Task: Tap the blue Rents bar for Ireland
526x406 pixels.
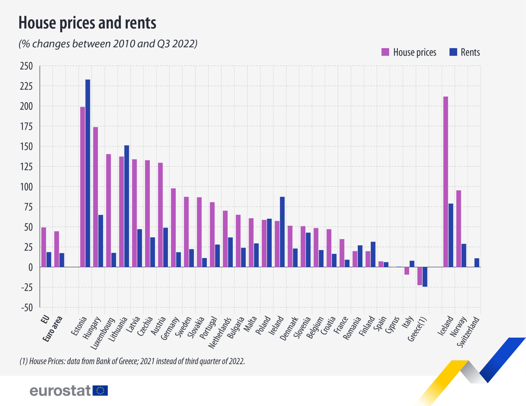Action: tap(282, 232)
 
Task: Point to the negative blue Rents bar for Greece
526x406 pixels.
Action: tap(425, 277)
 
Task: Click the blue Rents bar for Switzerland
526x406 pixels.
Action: tap(477, 263)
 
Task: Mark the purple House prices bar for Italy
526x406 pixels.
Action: tap(407, 271)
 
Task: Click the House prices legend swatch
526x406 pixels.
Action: tap(385, 52)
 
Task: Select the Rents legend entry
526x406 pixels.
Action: tap(470, 52)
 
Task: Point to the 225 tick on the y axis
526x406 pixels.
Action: tap(26, 86)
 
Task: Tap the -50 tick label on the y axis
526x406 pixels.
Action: tap(27, 308)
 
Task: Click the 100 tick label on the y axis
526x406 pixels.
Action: tap(26, 187)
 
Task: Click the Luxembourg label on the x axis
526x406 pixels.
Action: tap(103, 333)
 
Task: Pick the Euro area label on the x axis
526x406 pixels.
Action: tap(53, 329)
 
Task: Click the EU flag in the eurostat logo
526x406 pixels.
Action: tap(100, 390)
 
